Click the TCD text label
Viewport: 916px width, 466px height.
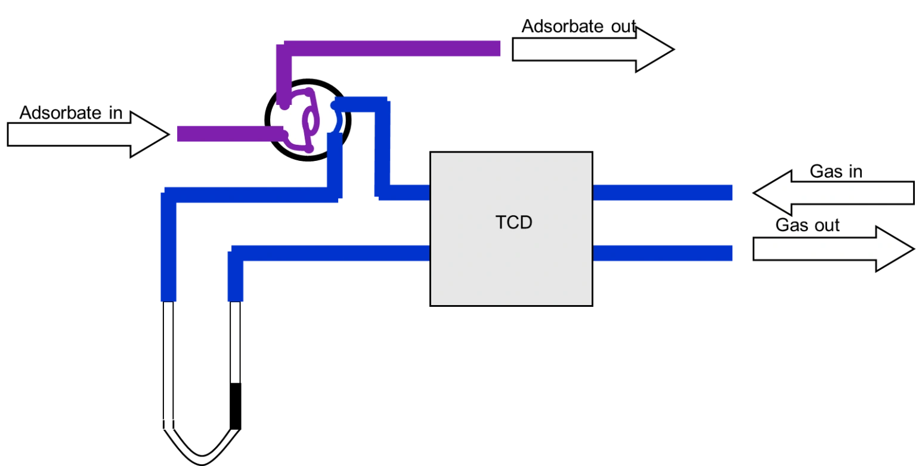tap(513, 222)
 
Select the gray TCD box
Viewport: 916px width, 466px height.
tap(511, 268)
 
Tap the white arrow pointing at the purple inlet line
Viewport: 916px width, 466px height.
tap(87, 135)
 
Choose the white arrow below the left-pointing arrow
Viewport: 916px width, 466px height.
tap(833, 248)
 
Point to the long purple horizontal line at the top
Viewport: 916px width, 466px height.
tap(394, 48)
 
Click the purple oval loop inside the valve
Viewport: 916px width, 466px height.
tap(311, 119)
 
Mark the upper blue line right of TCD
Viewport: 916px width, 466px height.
tap(663, 192)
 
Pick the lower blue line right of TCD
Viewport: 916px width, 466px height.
tap(663, 253)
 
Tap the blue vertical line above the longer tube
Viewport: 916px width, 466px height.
tap(169, 250)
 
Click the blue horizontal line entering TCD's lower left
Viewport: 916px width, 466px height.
tap(334, 253)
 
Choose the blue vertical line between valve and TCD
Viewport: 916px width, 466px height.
tap(382, 149)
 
